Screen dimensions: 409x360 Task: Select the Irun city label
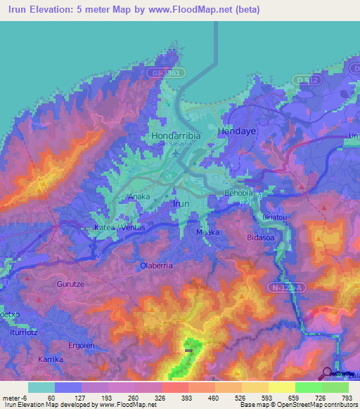point(181,203)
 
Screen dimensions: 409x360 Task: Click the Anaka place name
point(138,197)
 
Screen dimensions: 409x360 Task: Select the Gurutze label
point(69,285)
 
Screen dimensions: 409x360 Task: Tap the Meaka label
point(207,232)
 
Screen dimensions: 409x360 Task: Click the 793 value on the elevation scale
point(347,397)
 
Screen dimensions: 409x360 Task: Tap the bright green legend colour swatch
point(308,387)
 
